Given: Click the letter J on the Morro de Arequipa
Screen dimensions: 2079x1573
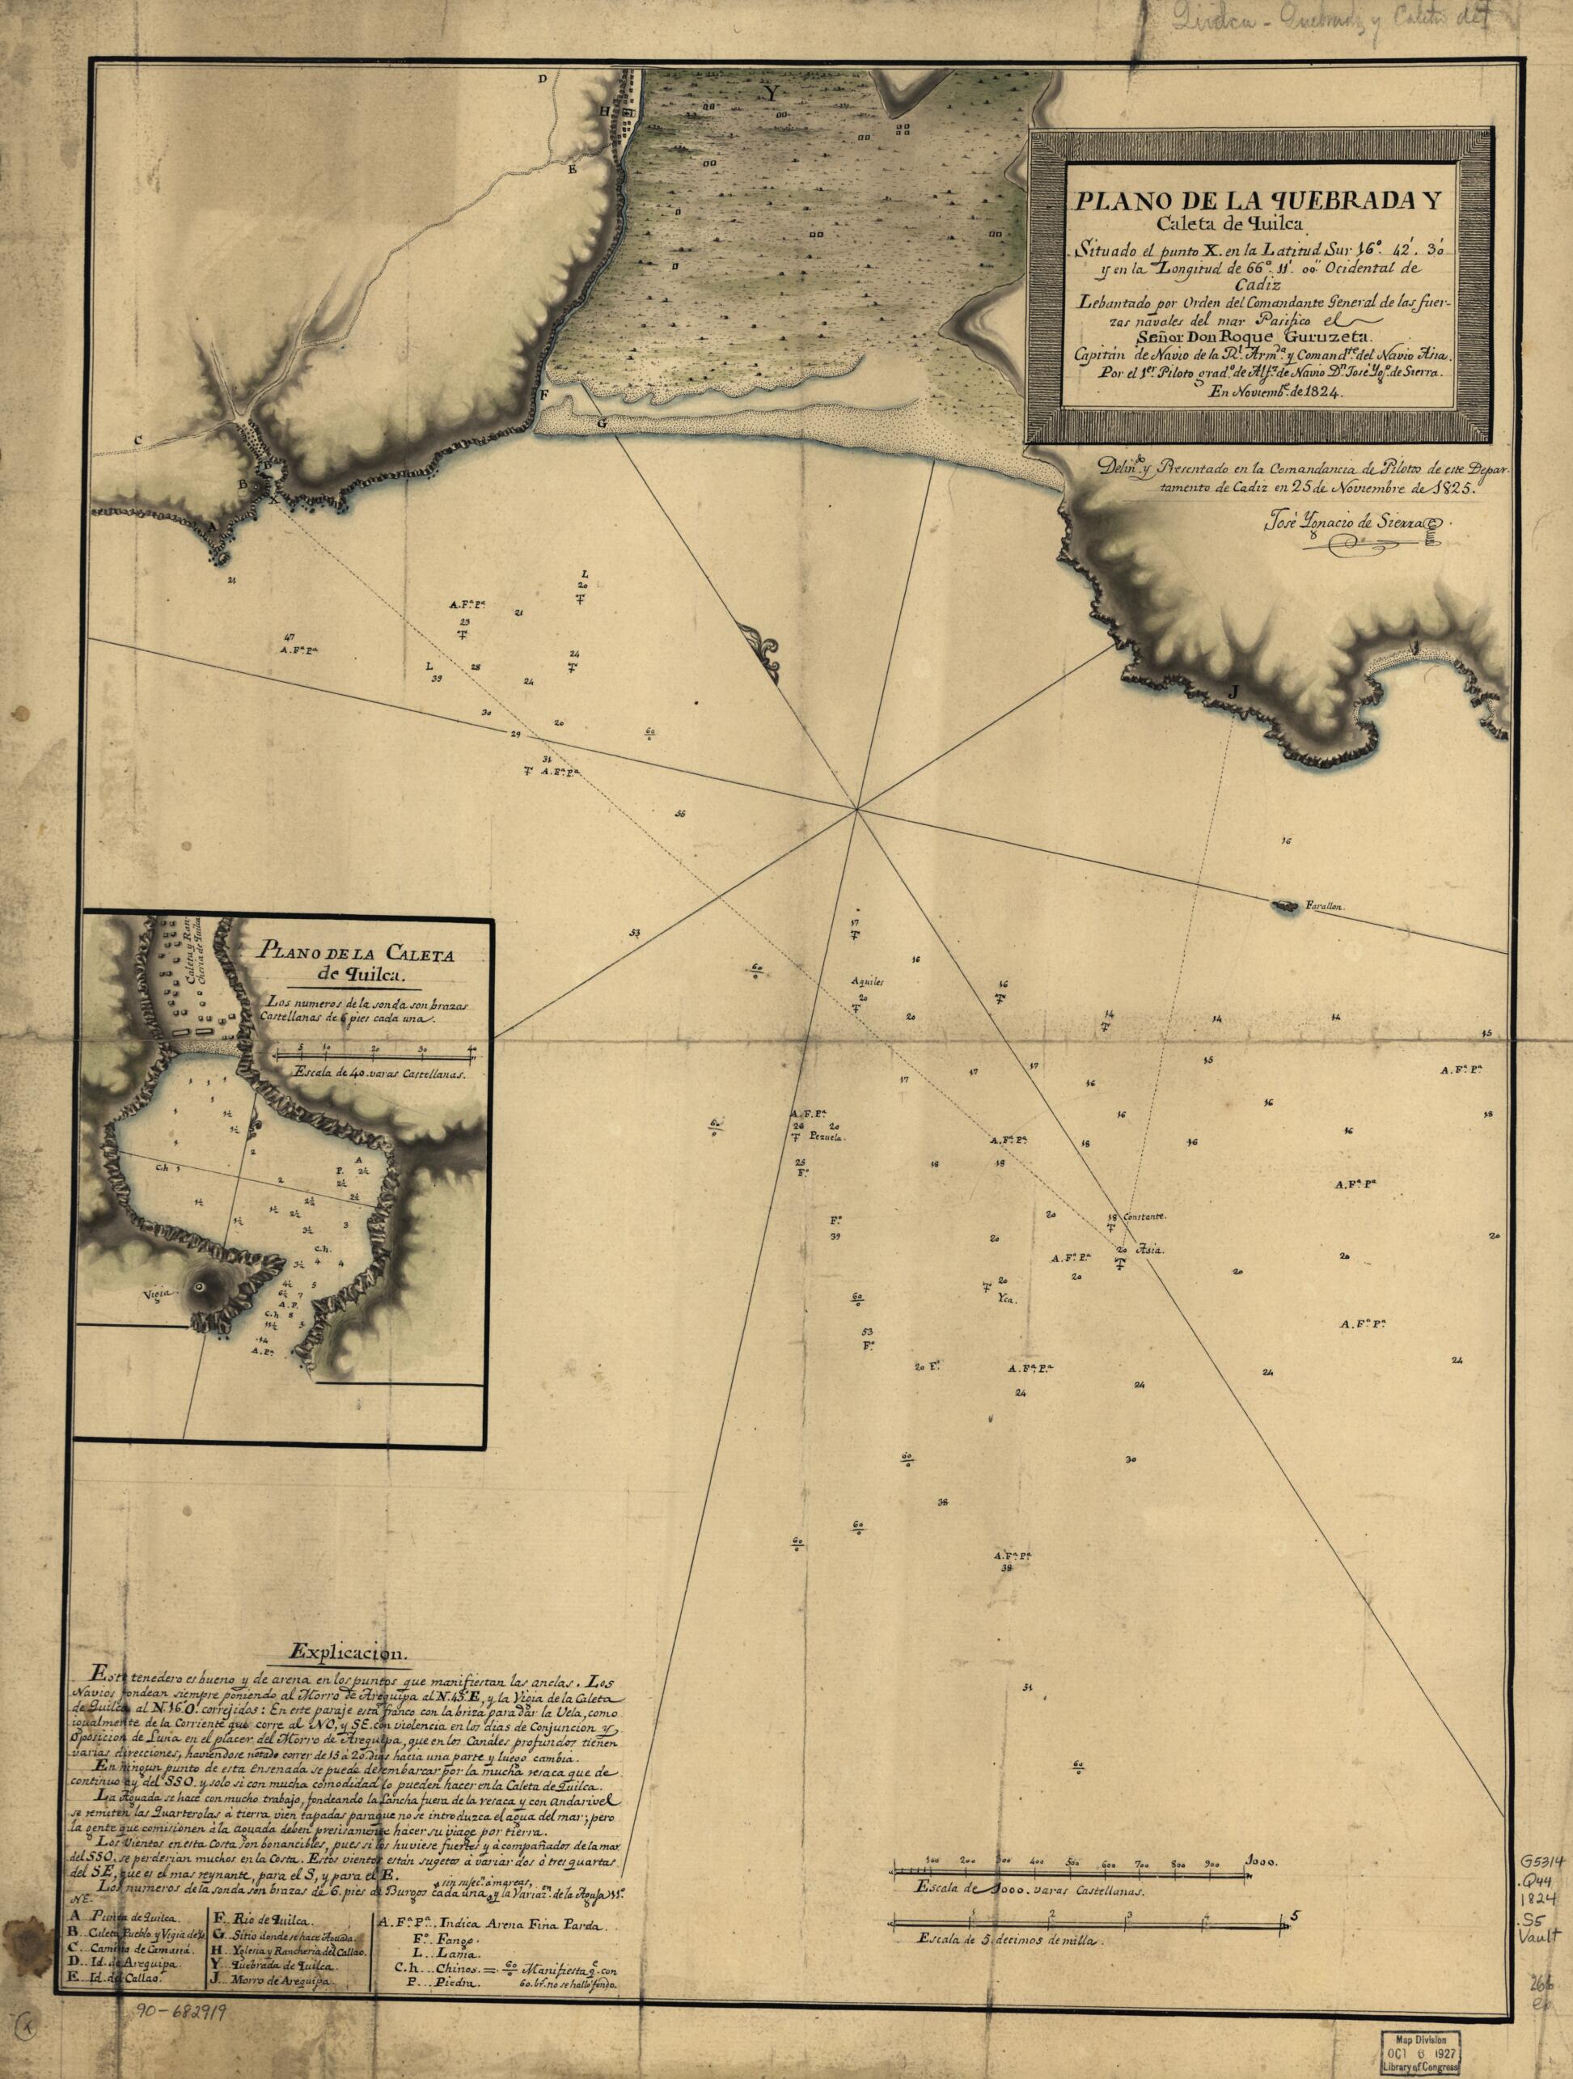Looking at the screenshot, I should (1235, 692).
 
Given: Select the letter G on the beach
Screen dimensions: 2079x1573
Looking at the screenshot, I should (602, 425).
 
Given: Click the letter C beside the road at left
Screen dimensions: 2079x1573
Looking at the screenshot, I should (137, 438).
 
